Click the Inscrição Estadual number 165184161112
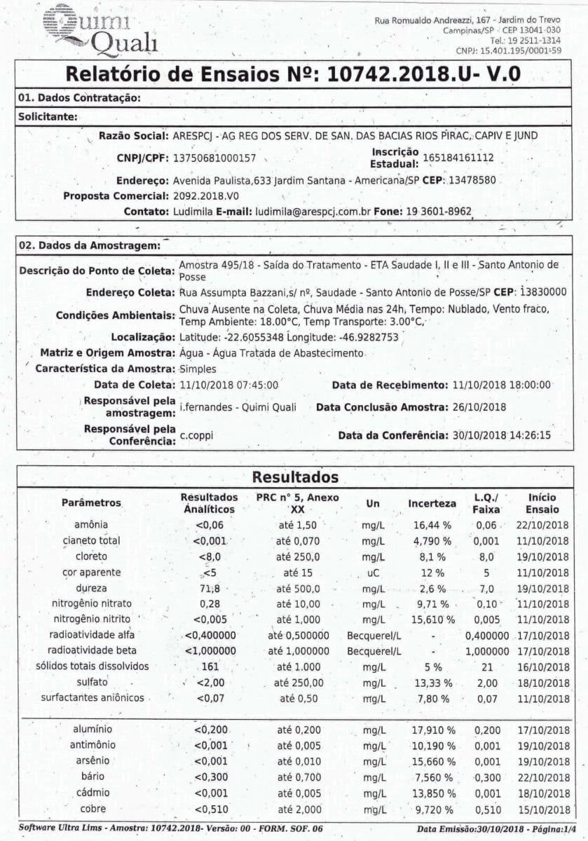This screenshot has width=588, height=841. coord(458,158)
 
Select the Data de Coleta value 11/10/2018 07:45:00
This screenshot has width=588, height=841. coord(229,385)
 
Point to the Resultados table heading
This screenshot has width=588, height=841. coord(294,477)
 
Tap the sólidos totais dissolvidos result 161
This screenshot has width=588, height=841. coord(210,666)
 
